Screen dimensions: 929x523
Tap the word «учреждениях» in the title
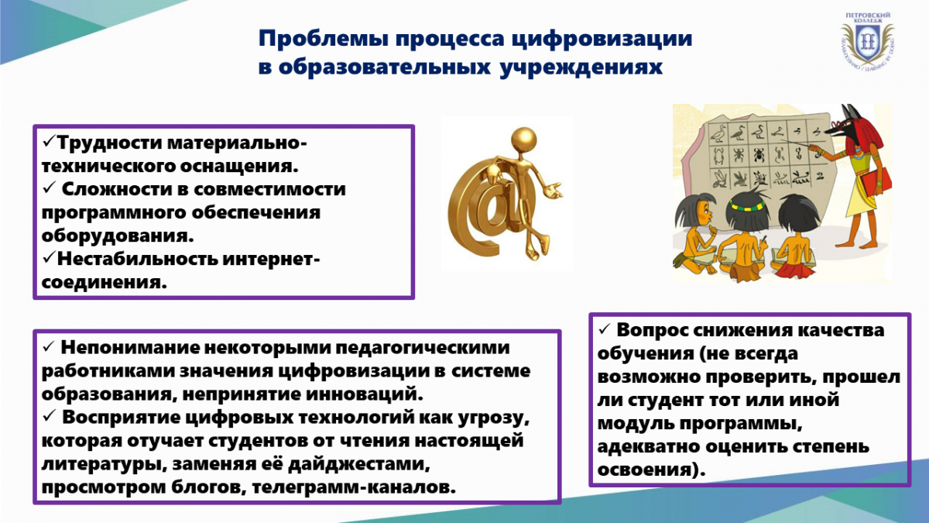[581, 67]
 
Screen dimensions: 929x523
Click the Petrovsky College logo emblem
[867, 42]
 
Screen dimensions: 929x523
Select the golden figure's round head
[524, 140]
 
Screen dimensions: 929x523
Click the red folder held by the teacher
[875, 186]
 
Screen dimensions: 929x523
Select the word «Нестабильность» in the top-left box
[137, 259]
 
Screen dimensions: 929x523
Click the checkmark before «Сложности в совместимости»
[49, 188]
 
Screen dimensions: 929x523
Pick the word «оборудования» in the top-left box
[118, 236]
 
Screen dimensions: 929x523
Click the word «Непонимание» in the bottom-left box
[129, 348]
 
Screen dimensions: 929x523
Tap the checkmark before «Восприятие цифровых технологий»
[49, 415]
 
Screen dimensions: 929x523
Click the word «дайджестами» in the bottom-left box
[358, 464]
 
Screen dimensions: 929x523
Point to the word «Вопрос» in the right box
[651, 330]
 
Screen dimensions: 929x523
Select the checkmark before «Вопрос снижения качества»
[605, 329]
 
